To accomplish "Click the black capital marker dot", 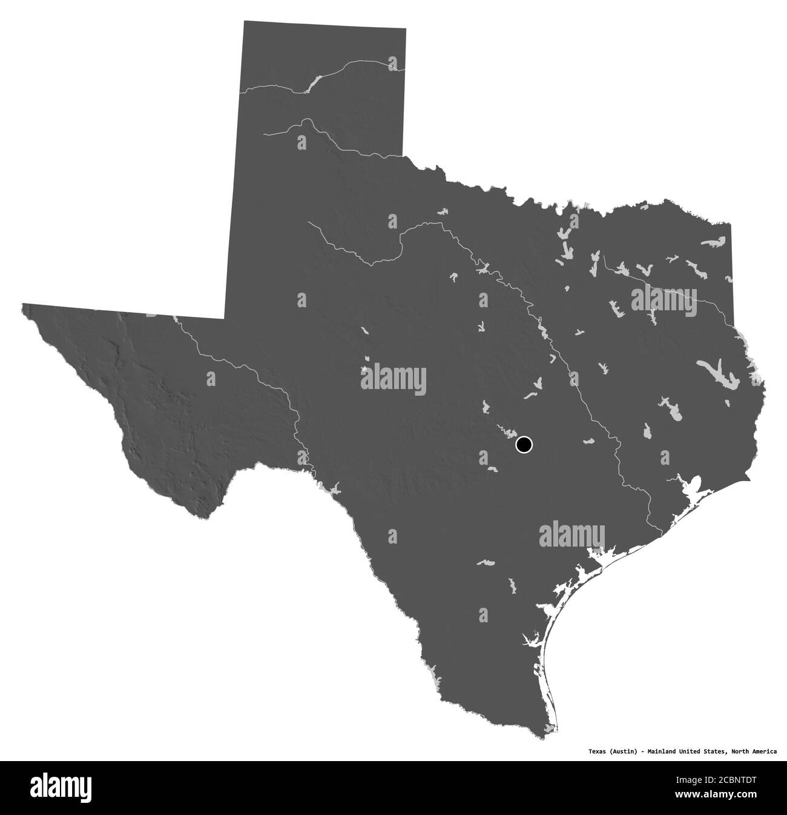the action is [x=524, y=445].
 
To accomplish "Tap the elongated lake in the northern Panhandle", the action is [x=312, y=82].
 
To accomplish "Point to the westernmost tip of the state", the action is [x=22, y=305].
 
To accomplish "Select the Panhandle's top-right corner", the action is [x=406, y=28].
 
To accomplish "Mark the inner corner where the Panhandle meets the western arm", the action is [x=225, y=317].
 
